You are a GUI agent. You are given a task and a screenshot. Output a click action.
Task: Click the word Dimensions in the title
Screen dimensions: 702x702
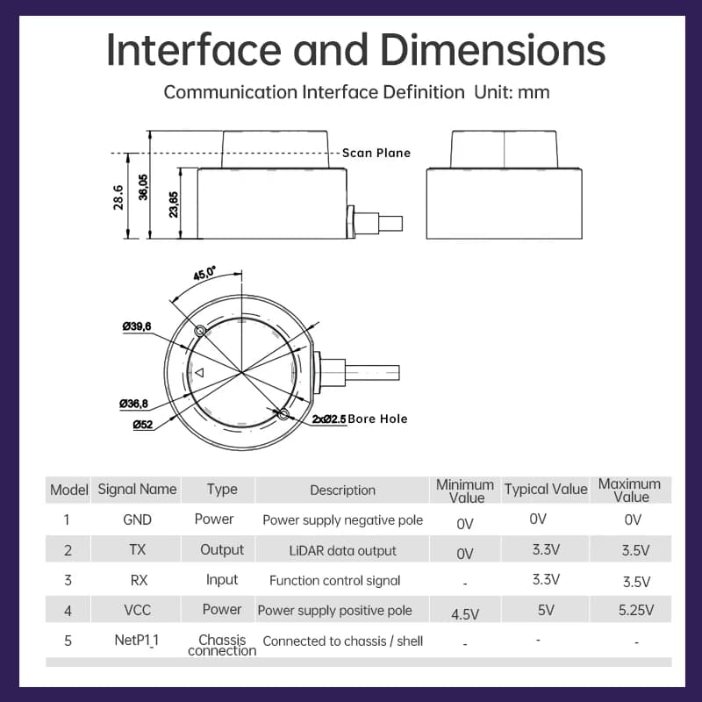tap(492, 50)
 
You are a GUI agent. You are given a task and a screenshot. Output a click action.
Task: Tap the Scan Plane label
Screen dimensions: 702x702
tap(376, 153)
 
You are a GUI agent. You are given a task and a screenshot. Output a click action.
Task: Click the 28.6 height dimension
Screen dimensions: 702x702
tap(118, 197)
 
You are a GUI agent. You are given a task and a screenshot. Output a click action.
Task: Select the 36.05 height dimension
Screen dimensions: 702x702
tap(143, 187)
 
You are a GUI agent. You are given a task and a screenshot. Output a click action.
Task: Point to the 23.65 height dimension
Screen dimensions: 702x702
tap(173, 204)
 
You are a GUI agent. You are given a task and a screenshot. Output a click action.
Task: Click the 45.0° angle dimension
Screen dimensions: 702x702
tap(204, 273)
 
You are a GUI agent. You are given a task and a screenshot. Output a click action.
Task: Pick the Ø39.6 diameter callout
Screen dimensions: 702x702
tap(137, 326)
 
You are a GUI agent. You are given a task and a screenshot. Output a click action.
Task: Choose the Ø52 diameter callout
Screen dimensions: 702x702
tap(143, 425)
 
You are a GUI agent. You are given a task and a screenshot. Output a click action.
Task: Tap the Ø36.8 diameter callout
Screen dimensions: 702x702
tap(133, 404)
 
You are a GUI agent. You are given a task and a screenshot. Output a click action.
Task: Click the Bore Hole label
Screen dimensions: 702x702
tap(377, 419)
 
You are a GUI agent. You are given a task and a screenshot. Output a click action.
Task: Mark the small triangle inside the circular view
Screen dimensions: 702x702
tap(200, 372)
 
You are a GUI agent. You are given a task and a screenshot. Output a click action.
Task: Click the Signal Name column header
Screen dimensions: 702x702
tap(137, 490)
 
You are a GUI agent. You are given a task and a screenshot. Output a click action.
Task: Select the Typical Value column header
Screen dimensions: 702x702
tap(546, 490)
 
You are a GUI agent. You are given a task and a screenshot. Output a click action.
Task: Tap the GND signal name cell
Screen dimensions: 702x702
tap(137, 519)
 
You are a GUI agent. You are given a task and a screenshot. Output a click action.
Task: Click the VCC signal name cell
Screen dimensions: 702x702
tap(137, 610)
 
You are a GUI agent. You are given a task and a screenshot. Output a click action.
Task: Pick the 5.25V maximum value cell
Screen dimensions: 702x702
tap(635, 610)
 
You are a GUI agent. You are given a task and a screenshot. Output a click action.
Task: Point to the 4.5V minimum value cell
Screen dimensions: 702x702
tap(465, 614)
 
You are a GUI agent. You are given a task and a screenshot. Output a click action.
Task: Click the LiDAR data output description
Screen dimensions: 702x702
tap(342, 551)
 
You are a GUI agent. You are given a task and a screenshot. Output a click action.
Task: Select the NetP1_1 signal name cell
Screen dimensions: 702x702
tap(137, 641)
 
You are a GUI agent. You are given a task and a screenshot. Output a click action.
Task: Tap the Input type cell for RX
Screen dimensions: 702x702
tap(222, 580)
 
